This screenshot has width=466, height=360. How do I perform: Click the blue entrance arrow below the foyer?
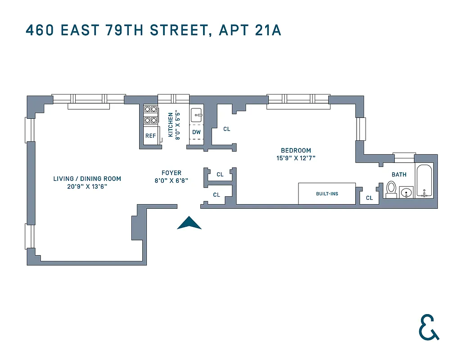pyautogui.click(x=189, y=223)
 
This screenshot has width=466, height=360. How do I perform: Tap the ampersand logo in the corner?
pyautogui.click(x=428, y=327)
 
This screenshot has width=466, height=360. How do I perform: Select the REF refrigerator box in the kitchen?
pyautogui.click(x=150, y=136)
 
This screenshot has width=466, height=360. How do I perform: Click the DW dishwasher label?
pyautogui.click(x=196, y=132)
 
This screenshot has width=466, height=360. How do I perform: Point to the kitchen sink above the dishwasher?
pyautogui.click(x=197, y=116)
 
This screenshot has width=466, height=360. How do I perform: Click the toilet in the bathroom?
pyautogui.click(x=391, y=189)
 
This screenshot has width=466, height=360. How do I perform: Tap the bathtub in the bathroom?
pyautogui.click(x=424, y=181)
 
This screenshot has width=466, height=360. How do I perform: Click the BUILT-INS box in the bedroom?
pyautogui.click(x=327, y=193)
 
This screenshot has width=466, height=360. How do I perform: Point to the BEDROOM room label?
pyautogui.click(x=296, y=150)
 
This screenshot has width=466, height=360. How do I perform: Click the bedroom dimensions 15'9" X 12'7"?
pyautogui.click(x=296, y=158)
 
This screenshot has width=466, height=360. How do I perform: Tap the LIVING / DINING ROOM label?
pyautogui.click(x=87, y=179)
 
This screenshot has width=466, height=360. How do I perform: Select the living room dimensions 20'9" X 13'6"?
pyautogui.click(x=87, y=186)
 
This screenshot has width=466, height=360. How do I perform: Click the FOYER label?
pyautogui.click(x=172, y=173)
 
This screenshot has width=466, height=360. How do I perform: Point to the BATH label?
pyautogui.click(x=399, y=175)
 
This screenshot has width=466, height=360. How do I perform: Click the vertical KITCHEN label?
pyautogui.click(x=171, y=125)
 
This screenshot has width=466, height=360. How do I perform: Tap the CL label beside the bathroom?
pyautogui.click(x=369, y=198)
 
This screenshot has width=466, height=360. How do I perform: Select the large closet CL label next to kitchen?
pyautogui.click(x=226, y=129)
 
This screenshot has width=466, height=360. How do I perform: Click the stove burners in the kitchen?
pyautogui.click(x=150, y=114)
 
